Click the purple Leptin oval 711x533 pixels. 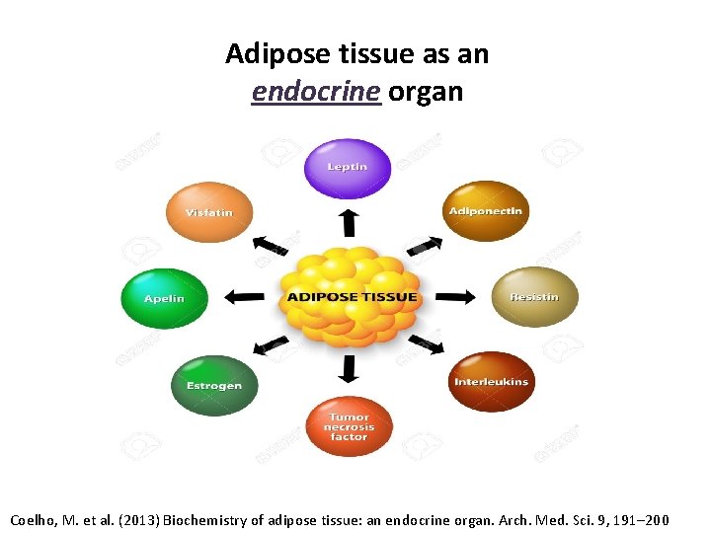click(348, 168)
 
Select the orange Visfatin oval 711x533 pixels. click(209, 212)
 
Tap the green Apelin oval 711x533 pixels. click(165, 298)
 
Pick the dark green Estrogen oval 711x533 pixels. click(214, 385)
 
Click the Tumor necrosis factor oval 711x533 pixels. click(349, 427)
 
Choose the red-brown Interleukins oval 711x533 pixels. click(491, 382)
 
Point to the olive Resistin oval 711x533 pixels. click(534, 297)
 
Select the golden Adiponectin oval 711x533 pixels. click(486, 211)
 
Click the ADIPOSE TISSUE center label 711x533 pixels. click(352, 297)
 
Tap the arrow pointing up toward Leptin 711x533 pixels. click(348, 221)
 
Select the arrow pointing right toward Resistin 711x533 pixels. click(455, 297)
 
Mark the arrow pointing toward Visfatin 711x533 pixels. click(270, 244)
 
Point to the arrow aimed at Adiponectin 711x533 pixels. click(425, 245)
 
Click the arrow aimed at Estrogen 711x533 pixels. click(270, 345)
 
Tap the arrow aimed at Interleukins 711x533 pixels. click(425, 344)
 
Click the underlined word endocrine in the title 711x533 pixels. click(316, 92)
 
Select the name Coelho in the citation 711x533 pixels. click(34, 519)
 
